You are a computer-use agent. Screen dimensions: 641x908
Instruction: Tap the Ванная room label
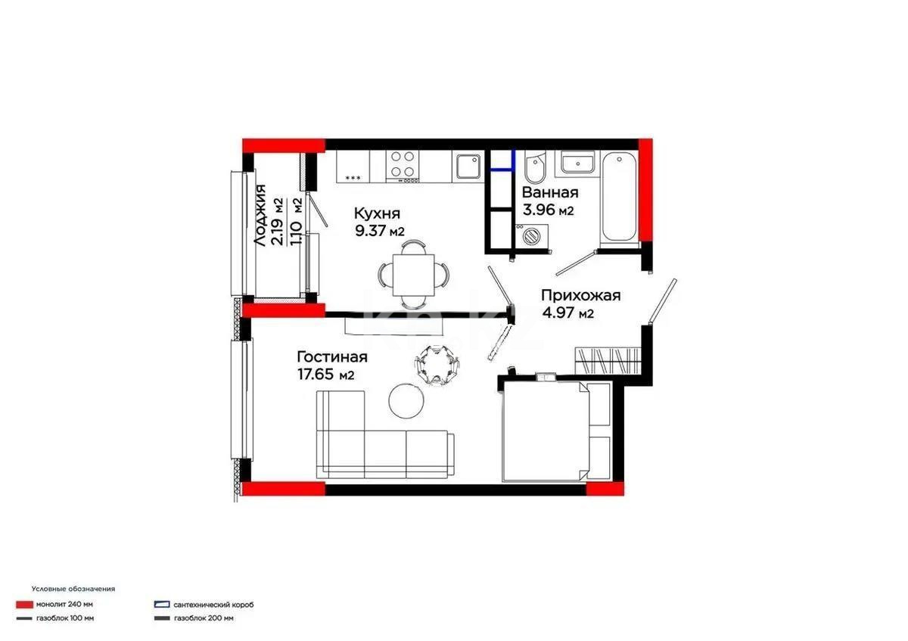tap(550, 192)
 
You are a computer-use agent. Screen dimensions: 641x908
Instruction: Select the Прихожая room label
tap(580, 296)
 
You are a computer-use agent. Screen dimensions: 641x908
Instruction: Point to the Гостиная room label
tap(332, 357)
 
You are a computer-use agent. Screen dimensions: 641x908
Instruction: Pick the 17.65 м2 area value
tap(326, 374)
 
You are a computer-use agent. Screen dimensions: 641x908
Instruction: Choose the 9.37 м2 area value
tap(380, 231)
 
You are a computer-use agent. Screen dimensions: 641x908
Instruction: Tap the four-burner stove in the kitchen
tap(403, 166)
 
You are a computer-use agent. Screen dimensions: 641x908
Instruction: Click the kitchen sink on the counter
tap(468, 166)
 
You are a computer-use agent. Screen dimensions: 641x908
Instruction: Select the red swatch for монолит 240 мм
tap(23, 605)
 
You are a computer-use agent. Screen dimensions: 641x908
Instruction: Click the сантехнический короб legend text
tap(213, 605)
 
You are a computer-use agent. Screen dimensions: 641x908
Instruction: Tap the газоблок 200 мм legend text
tap(204, 618)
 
